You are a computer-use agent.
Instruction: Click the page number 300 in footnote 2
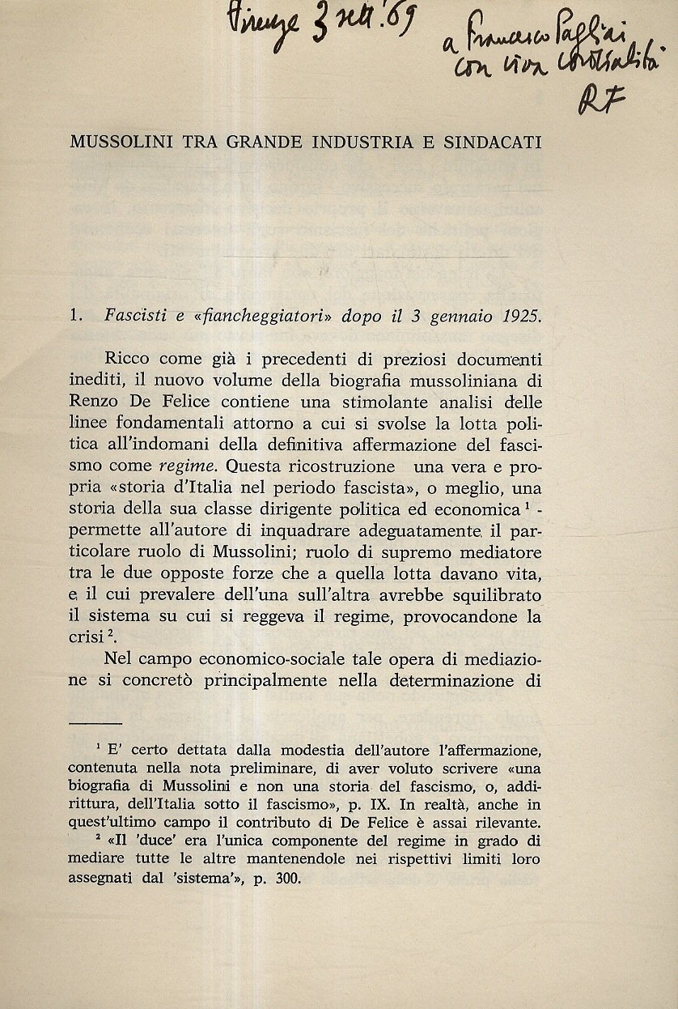286,878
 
